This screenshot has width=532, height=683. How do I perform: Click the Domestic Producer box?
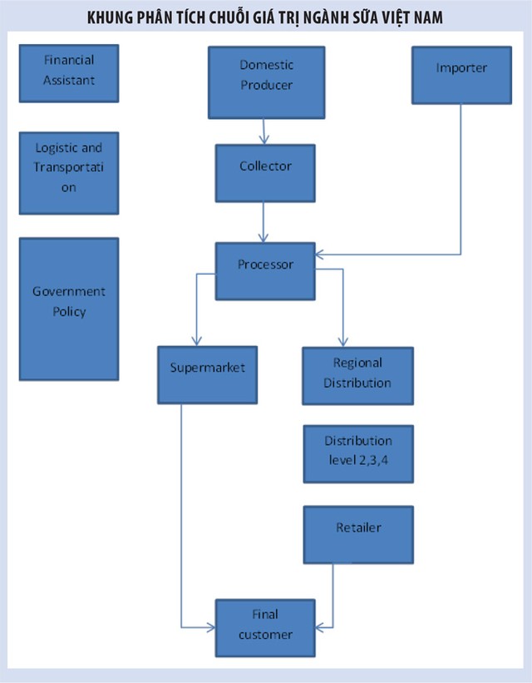pyautogui.click(x=266, y=82)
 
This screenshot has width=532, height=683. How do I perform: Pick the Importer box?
pyautogui.click(x=461, y=75)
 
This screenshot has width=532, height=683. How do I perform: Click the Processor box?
pyautogui.click(x=265, y=271)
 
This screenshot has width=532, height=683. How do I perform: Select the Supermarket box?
pyautogui.click(x=207, y=375)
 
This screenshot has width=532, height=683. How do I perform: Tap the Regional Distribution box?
pyautogui.click(x=357, y=375)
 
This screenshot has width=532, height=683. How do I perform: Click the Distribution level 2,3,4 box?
pyautogui.click(x=357, y=454)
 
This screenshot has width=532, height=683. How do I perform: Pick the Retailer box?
pyautogui.click(x=358, y=534)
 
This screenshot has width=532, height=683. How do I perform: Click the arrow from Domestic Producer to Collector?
pyautogui.click(x=265, y=131)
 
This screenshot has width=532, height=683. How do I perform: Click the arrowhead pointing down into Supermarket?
pyautogui.click(x=196, y=341)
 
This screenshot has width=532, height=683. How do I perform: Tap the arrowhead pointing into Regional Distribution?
pyautogui.click(x=342, y=341)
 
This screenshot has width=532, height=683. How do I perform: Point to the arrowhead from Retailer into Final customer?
pyautogui.click(x=321, y=626)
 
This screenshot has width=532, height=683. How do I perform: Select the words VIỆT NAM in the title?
pyautogui.click(x=416, y=17)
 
